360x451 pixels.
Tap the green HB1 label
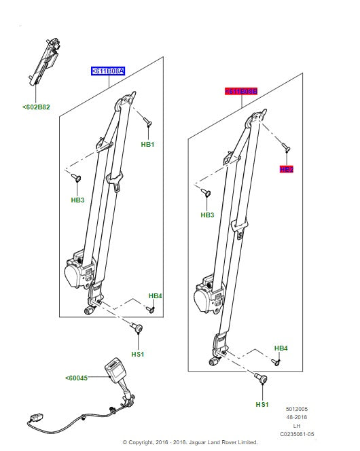pyautogui.click(x=147, y=145)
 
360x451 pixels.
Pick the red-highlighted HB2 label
pyautogui.click(x=286, y=169)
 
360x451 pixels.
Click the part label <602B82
pyautogui.click(x=35, y=106)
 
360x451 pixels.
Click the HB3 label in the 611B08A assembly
pyautogui.click(x=77, y=200)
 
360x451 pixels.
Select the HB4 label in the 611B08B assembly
pyautogui.click(x=281, y=348)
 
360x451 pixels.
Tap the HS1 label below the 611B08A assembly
pyautogui.click(x=138, y=355)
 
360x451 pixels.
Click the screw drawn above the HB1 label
pyautogui.click(x=147, y=122)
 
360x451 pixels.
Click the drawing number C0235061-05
pyautogui.click(x=297, y=434)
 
